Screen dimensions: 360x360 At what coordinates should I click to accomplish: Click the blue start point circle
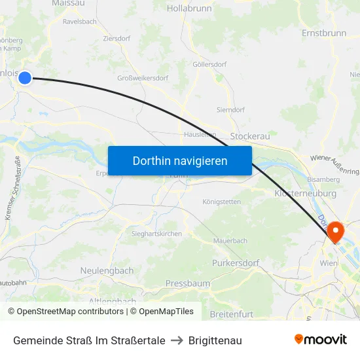coord(25,78)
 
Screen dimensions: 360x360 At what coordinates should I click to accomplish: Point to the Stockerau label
coord(250,135)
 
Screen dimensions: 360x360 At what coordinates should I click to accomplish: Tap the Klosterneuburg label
coord(305,194)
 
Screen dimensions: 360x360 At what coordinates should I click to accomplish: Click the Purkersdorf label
coord(236,262)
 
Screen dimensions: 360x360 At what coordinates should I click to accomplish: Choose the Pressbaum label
coord(188,283)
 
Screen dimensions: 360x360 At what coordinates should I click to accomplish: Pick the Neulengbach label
coord(107,270)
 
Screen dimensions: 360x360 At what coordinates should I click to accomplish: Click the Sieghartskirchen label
coord(156,234)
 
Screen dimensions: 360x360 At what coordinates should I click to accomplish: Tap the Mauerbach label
coord(230,241)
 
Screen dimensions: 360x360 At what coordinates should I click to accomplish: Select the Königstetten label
coord(222,202)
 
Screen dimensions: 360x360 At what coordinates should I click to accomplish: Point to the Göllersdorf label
coord(209,65)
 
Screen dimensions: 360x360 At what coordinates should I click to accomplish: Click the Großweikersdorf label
coord(143,78)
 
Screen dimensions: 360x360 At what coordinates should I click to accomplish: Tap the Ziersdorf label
coord(117,39)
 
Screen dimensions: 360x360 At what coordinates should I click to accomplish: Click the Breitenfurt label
coord(231,314)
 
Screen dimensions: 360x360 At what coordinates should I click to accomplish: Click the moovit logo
coord(321,340)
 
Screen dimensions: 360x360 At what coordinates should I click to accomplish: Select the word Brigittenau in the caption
coord(215,340)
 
